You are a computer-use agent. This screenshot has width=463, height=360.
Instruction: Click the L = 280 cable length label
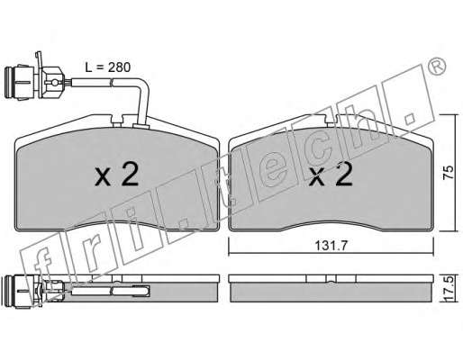coord(108,67)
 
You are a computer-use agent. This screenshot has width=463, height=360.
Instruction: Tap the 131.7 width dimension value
coord(331,246)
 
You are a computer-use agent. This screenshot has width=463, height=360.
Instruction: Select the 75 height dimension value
coord(448,173)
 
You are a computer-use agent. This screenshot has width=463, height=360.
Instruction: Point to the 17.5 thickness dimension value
coord(448,289)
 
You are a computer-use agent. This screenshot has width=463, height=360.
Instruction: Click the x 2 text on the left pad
coord(117,174)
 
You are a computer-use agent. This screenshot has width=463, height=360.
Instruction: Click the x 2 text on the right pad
coord(331,174)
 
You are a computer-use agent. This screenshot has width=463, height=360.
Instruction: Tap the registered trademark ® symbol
coord(436,67)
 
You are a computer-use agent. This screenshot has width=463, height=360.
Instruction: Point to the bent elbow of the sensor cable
coord(143,85)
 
